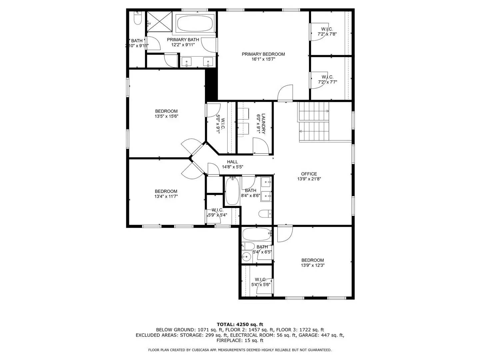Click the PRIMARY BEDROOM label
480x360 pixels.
click(x=263, y=54)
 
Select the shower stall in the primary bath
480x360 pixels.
click(x=160, y=21)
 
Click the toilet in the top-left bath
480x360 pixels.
click(x=137, y=18)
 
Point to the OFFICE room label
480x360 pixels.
click(x=309, y=174)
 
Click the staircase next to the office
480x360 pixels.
click(x=313, y=121)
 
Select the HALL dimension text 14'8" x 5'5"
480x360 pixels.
click(x=232, y=167)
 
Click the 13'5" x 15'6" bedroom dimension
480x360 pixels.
click(x=166, y=116)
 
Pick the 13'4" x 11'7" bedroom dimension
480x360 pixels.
click(x=166, y=196)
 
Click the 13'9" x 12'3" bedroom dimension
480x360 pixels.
click(x=313, y=265)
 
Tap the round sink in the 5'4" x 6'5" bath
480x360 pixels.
click(x=246, y=256)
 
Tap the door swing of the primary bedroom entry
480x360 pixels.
click(x=285, y=92)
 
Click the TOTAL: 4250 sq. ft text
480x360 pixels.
click(x=240, y=324)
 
